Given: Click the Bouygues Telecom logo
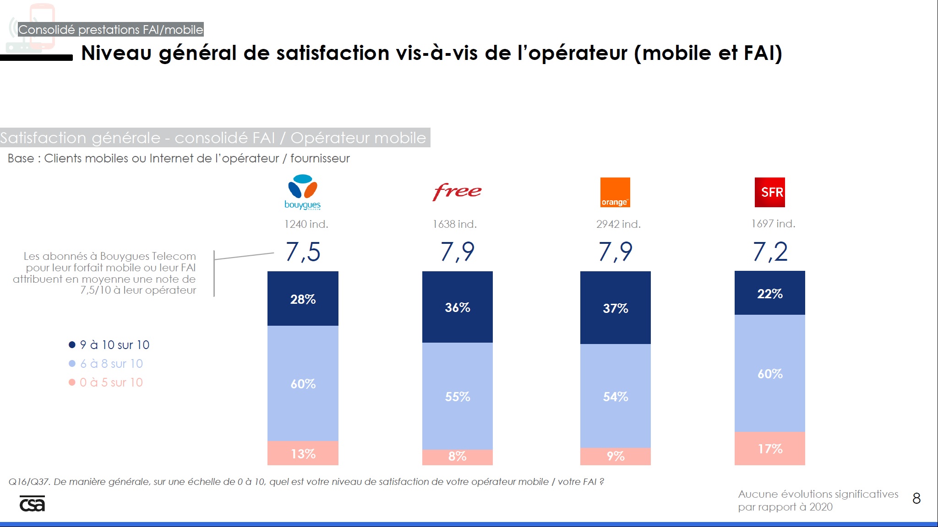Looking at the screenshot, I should (302, 192).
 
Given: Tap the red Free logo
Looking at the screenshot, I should (457, 191).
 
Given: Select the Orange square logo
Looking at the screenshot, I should (615, 192).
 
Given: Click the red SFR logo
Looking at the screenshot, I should (770, 192).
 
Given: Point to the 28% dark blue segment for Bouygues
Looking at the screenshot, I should (303, 299).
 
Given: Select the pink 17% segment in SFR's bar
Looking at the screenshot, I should (770, 448).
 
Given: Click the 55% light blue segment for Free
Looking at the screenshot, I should (457, 396).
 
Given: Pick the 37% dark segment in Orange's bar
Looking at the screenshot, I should (615, 308).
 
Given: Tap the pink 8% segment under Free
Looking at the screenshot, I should (457, 456).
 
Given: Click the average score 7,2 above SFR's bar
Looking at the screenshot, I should (770, 252).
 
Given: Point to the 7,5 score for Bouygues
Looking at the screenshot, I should (303, 252).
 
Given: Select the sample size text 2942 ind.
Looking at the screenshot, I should (618, 224).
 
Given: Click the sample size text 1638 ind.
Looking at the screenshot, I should (455, 224).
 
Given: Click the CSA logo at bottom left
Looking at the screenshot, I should (32, 503).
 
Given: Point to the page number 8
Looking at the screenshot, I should (916, 498).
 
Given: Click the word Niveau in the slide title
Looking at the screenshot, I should (116, 53).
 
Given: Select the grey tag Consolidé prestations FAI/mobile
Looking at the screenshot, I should (110, 30).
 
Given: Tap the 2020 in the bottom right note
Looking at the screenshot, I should (821, 507).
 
